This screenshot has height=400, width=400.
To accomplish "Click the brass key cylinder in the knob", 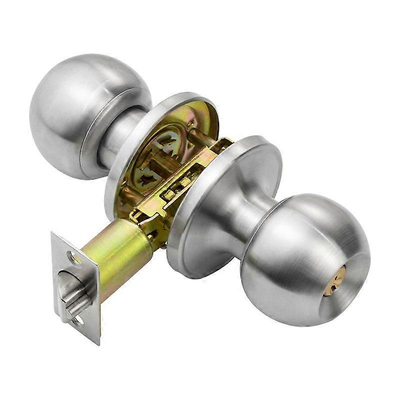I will (333, 280).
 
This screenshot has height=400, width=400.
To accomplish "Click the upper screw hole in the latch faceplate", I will (74, 258).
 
